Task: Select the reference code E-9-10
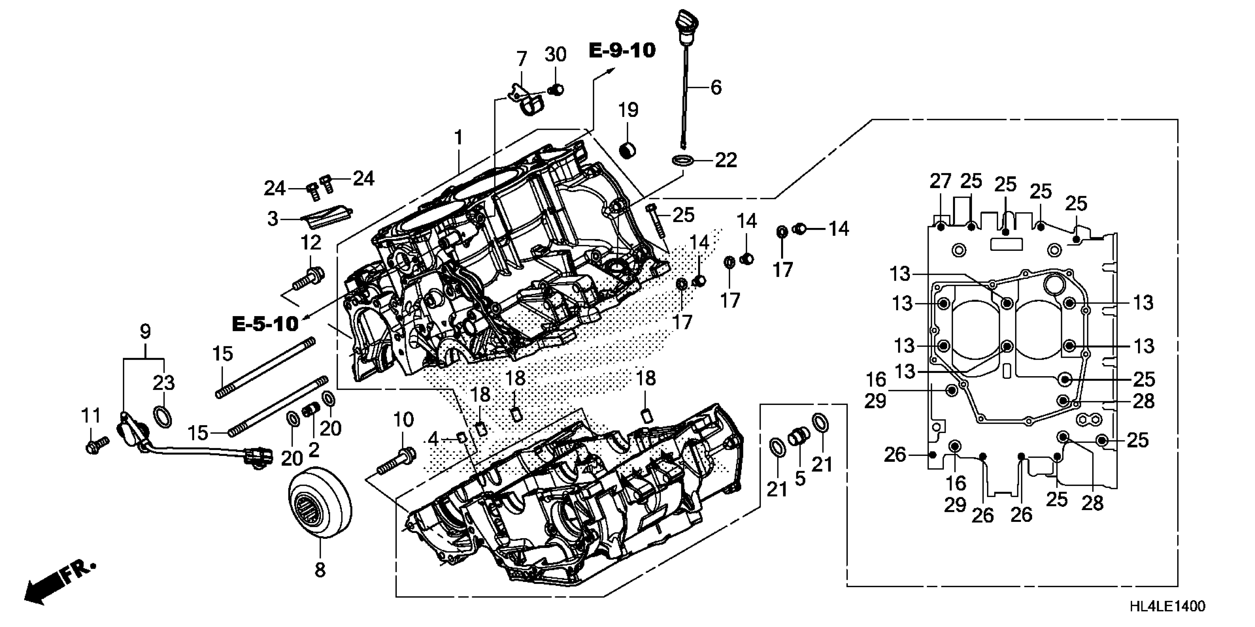[622, 51]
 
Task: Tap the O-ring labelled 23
[163, 416]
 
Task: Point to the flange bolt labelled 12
[307, 279]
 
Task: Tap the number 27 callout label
[940, 181]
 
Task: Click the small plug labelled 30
[556, 90]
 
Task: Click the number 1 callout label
[458, 138]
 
